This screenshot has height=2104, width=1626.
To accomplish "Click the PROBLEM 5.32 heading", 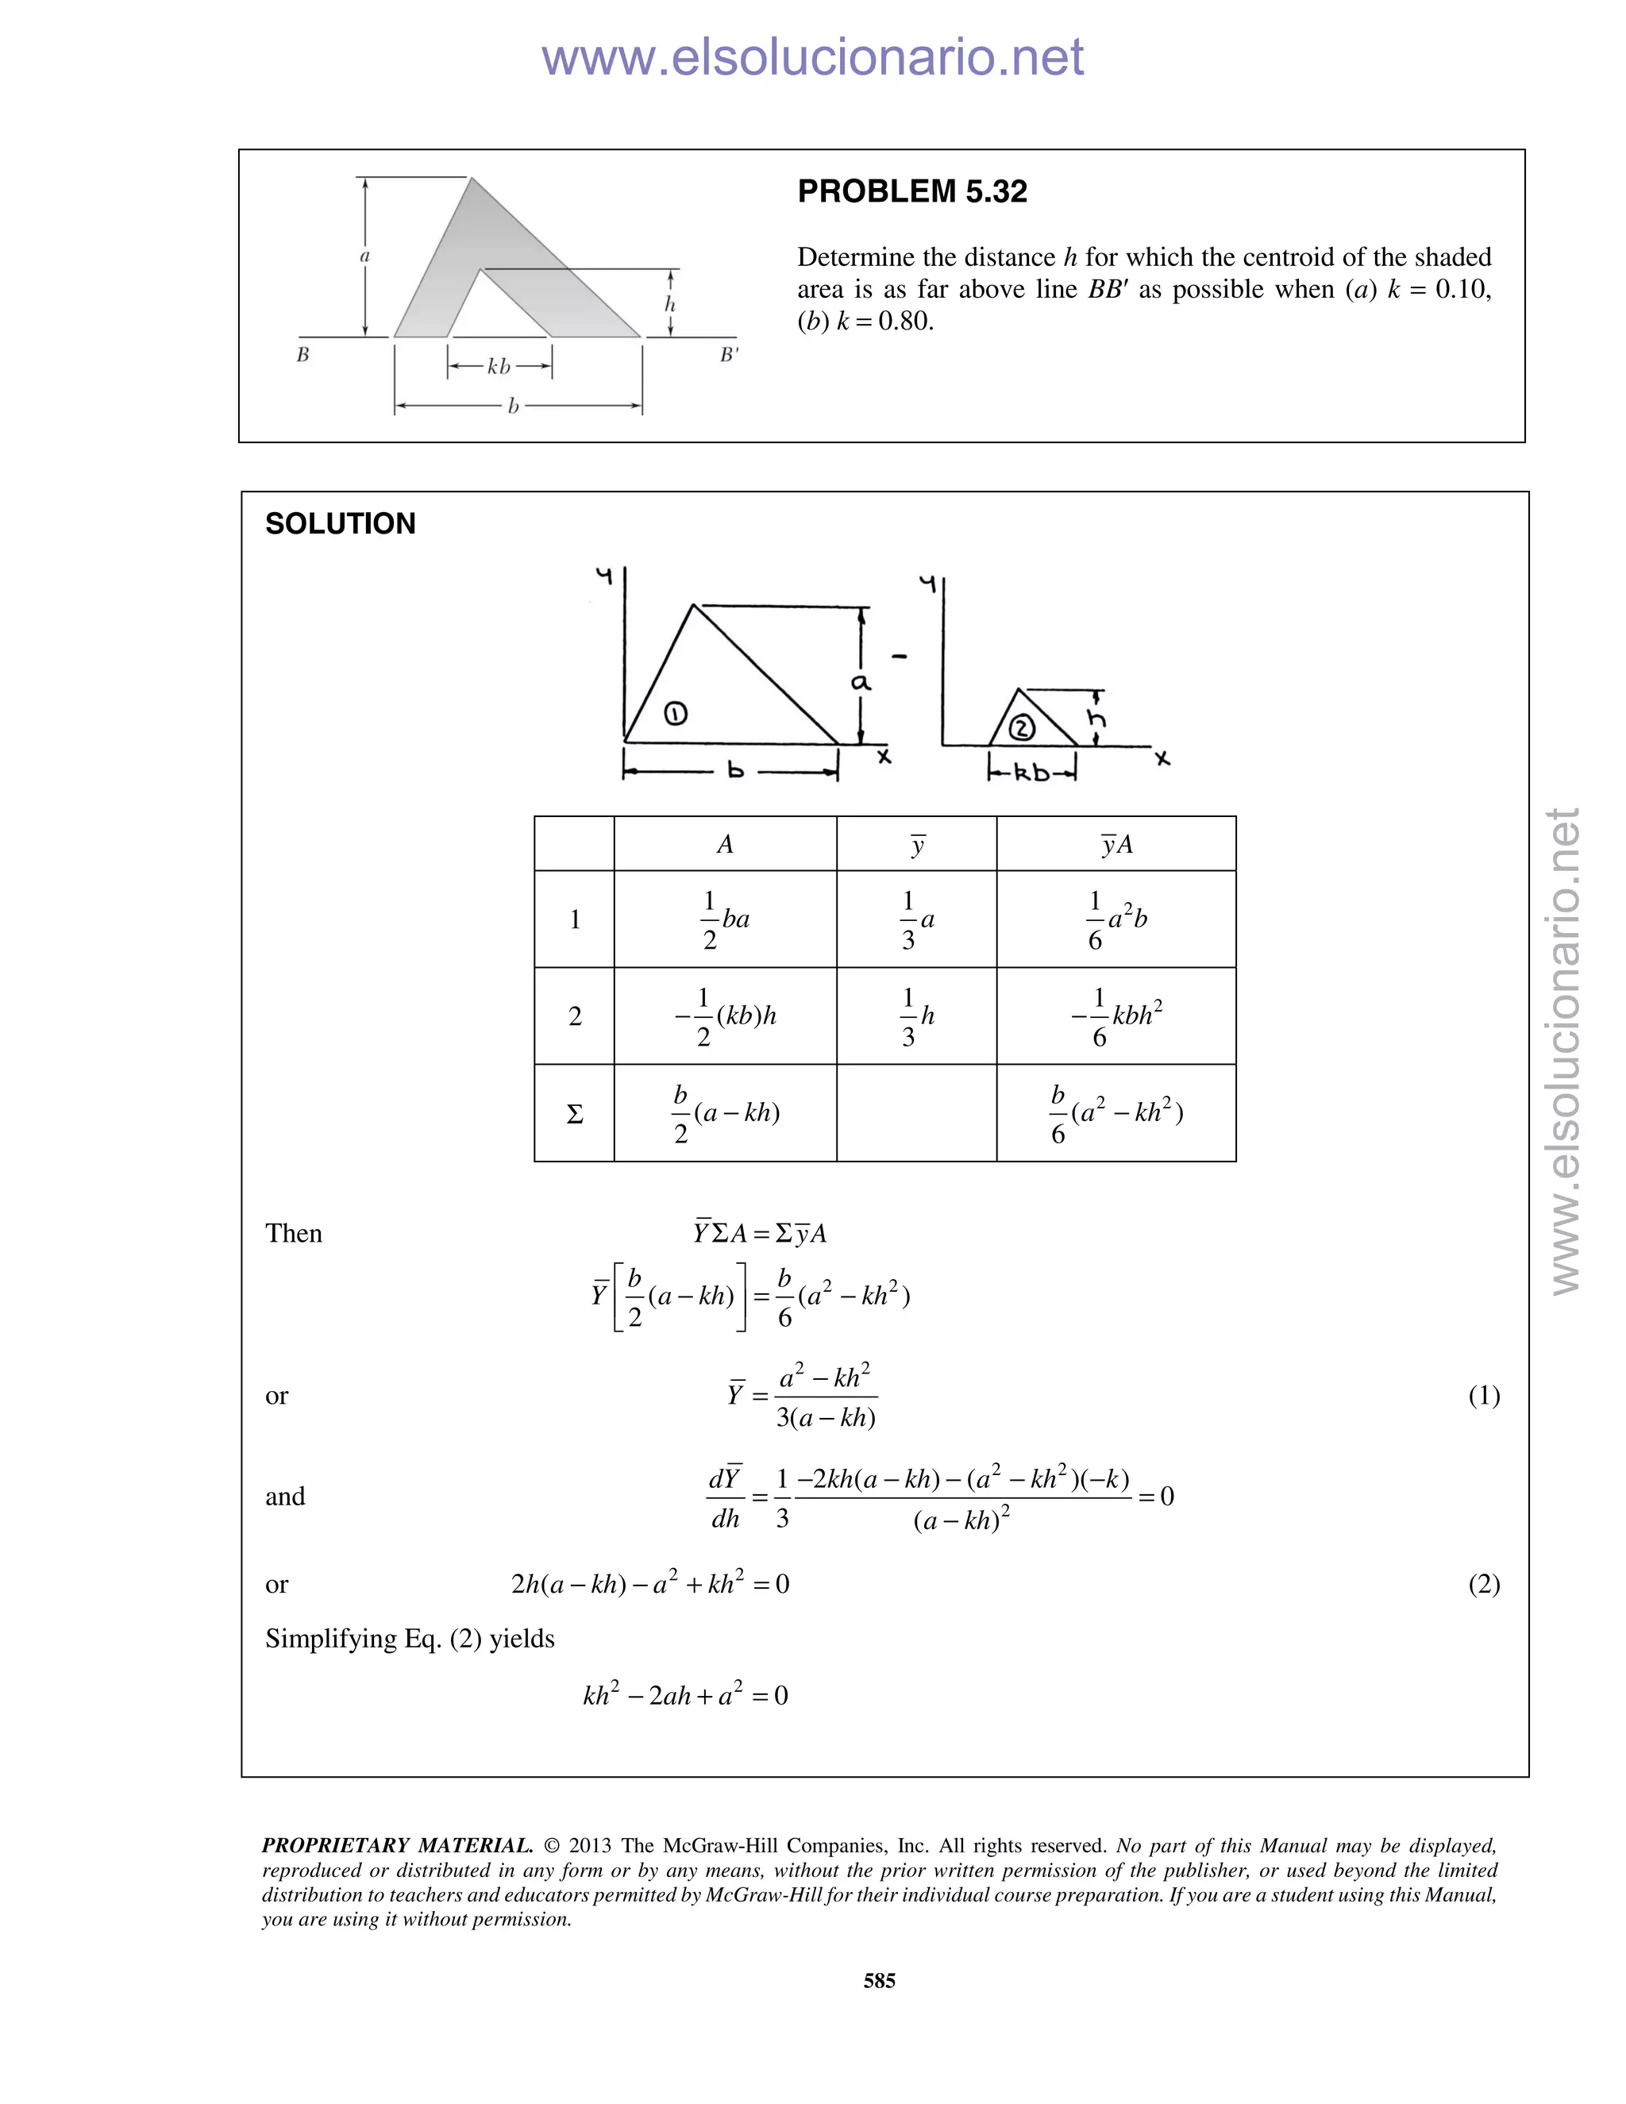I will tap(911, 191).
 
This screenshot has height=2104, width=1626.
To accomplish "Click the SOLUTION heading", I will tap(340, 524).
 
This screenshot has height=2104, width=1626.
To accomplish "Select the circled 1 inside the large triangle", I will tap(676, 714).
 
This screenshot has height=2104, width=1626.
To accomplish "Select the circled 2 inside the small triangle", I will tap(1021, 728).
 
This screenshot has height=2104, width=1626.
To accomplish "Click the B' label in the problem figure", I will tap(729, 355).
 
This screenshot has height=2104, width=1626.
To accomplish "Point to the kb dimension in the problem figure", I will tap(499, 367).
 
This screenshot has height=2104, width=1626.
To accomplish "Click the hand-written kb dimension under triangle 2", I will tap(1031, 773).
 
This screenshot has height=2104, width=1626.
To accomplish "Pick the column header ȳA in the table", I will tap(1115, 845).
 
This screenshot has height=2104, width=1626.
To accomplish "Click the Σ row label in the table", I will tap(574, 1115).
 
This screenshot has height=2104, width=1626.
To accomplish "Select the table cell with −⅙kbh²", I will tap(1115, 1016).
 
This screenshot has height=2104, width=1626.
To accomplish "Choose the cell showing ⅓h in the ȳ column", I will tap(916, 1016).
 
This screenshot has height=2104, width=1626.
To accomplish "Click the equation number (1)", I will tap(1483, 1396).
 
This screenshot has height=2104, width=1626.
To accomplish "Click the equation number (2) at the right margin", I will tap(1483, 1585).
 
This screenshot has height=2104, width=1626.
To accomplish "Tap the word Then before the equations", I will tap(294, 1234).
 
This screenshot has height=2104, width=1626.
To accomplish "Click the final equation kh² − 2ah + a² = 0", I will tap(685, 1696).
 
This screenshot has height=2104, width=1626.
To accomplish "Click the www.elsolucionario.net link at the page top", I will tap(812, 58).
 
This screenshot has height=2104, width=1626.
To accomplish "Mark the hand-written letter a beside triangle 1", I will tap(860, 682).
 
